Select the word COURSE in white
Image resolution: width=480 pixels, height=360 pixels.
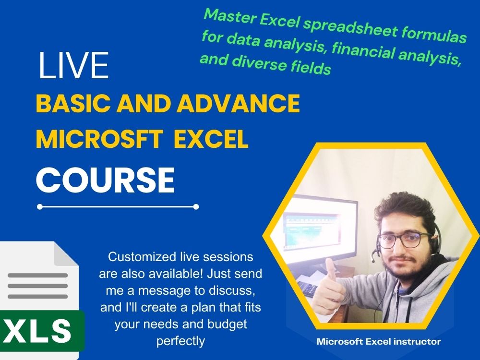pos(105,179)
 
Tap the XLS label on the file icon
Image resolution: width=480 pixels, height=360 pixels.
pos(39,330)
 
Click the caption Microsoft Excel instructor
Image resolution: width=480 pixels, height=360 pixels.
pos(378,342)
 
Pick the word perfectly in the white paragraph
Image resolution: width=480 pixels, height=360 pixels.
pos(180,341)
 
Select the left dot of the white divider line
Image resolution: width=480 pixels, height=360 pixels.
pos(40,207)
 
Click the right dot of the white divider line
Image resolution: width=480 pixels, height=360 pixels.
pos(196,207)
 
